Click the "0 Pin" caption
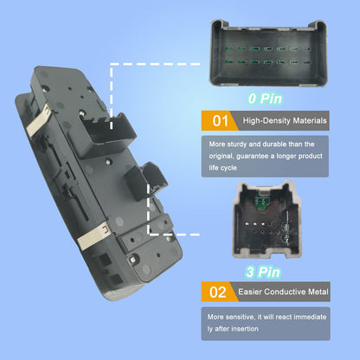coord(265,99)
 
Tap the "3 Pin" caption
coord(263,272)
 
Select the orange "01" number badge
coord(220,121)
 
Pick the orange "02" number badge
coord(220,292)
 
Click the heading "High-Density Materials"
coord(285,120)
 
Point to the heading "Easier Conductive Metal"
coord(283,292)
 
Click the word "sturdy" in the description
coord(237,145)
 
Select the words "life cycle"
coord(223,168)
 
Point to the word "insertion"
coord(244,329)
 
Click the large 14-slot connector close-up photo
coord(269,53)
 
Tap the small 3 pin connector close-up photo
coord(267,220)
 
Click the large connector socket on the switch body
coord(103,135)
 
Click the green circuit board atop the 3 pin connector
coord(261,203)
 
